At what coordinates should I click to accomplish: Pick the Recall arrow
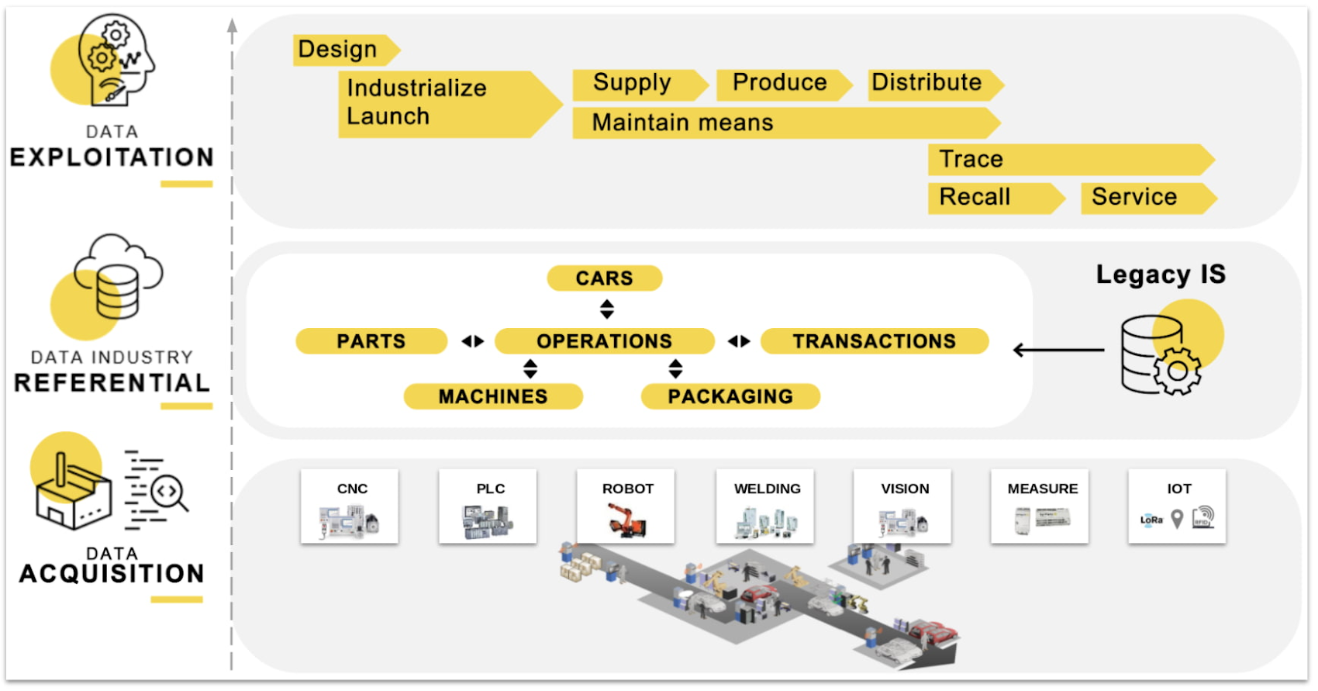pos(992,198)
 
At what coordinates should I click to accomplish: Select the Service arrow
pos(1144,198)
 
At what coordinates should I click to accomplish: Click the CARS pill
pos(604,278)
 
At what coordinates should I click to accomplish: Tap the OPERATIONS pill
pos(604,341)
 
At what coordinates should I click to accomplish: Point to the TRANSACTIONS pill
pos(874,341)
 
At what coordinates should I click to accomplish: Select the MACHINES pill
pos(493,396)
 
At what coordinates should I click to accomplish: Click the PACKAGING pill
pos(730,396)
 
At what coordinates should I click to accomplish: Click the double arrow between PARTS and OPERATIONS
pos(473,341)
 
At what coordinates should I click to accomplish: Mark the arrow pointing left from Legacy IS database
pos(1058,351)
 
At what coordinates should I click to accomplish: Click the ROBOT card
pos(626,506)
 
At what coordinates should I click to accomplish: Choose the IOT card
pos(1177,506)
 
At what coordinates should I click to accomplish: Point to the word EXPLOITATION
pos(112,157)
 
